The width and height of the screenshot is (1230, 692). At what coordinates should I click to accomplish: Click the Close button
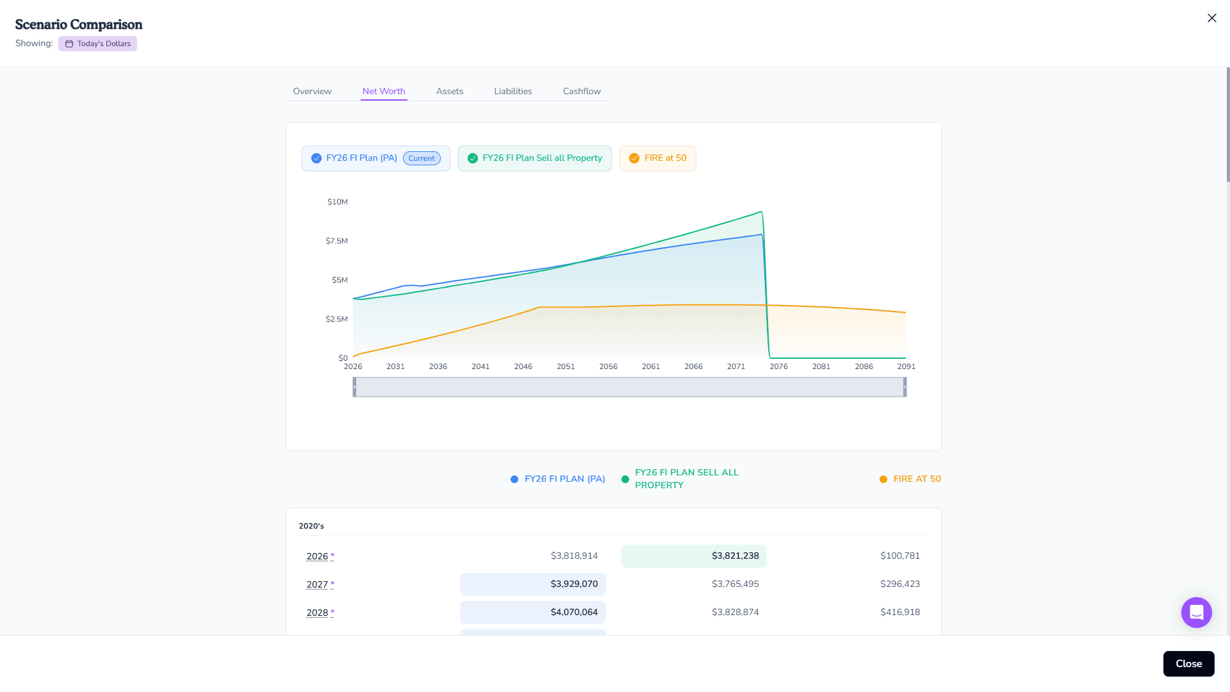[x=1188, y=664]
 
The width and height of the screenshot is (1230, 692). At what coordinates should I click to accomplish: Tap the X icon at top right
[x=1211, y=18]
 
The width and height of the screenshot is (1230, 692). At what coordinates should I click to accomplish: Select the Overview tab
[x=312, y=91]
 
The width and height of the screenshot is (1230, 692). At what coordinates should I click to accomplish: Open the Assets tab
[x=449, y=91]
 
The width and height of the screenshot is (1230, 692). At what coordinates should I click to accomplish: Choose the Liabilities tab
[x=512, y=91]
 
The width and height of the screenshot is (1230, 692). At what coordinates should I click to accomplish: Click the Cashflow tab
[x=582, y=91]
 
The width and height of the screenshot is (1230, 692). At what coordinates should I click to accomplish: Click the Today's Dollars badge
[x=97, y=44]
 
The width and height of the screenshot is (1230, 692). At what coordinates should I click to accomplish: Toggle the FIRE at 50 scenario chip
[x=657, y=158]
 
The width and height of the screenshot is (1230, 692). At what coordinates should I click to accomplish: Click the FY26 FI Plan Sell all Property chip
[x=534, y=158]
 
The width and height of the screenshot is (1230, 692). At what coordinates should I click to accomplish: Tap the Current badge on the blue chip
[x=422, y=158]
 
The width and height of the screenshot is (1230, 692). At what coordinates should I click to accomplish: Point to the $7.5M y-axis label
[x=336, y=241]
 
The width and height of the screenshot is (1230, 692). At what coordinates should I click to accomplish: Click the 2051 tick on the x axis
[x=566, y=367]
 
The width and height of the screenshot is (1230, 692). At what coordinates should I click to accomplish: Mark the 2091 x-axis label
[x=906, y=367]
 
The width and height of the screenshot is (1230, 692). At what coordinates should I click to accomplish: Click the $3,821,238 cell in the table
[x=735, y=556]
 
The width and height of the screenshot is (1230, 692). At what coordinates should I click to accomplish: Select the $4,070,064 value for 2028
[x=574, y=612]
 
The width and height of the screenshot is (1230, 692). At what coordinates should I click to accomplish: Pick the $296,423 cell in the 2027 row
[x=899, y=584]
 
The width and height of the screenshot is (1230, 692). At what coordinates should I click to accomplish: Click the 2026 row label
[x=317, y=556]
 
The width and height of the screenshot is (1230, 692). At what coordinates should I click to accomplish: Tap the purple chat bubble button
[x=1196, y=613]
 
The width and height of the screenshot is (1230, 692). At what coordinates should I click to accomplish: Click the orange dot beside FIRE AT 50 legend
[x=883, y=479]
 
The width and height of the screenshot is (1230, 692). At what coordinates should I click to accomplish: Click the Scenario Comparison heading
[x=79, y=24]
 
